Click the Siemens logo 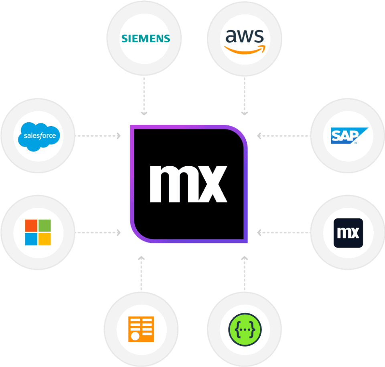click(146, 38)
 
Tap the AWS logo click(245, 41)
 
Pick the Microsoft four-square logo click(38, 232)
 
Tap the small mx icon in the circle click(349, 232)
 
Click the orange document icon click(141, 329)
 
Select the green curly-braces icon click(245, 329)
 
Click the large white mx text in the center click(188, 183)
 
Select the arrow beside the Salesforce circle click(99, 136)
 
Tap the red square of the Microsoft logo click(31, 226)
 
